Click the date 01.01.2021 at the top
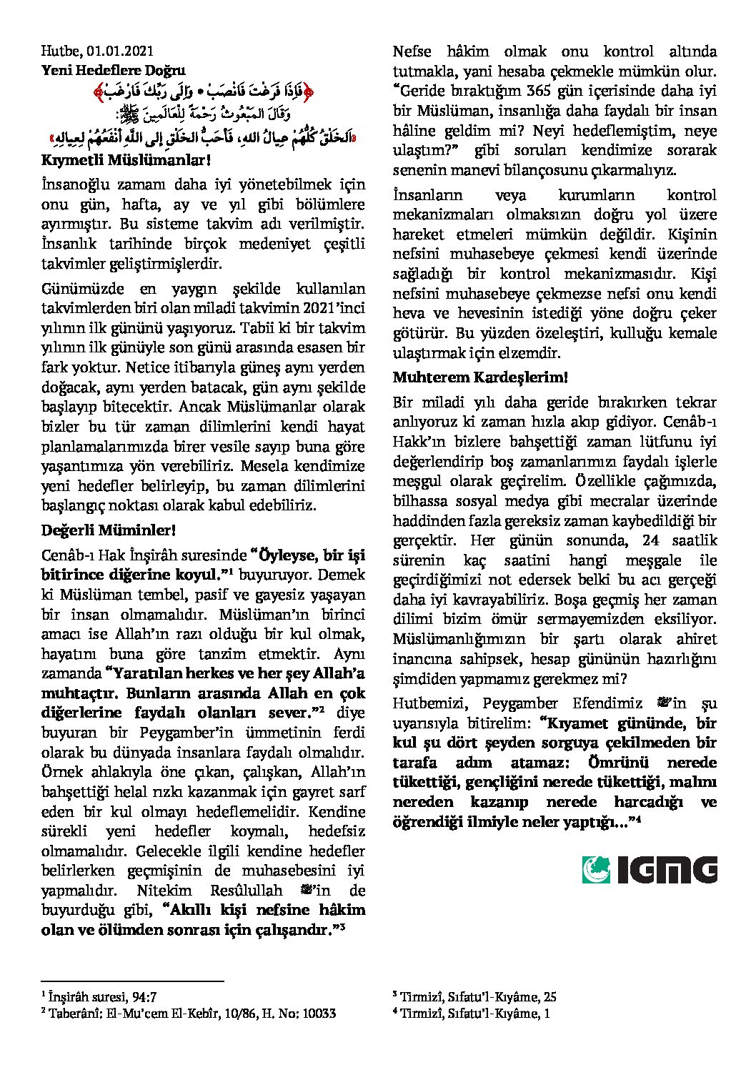[121, 51]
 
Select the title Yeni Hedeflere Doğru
[113, 70]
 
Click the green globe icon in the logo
[596, 870]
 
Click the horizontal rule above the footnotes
[132, 981]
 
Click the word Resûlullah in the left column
[246, 891]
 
